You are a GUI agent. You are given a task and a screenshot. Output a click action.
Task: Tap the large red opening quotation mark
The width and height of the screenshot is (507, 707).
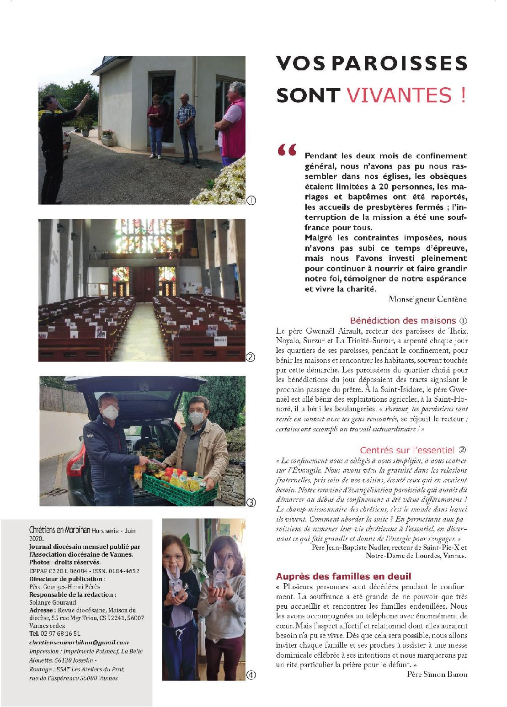[287, 150]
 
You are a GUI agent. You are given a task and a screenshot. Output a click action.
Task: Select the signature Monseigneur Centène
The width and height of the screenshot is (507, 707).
[427, 299]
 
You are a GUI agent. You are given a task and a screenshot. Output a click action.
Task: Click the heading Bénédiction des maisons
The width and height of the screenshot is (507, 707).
[403, 321]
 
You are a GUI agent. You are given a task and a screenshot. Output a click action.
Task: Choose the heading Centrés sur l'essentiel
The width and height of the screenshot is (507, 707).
[407, 450]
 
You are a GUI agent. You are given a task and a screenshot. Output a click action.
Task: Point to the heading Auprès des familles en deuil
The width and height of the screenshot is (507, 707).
[343, 576]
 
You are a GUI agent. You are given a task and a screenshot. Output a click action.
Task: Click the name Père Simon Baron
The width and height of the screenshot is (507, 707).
[437, 674]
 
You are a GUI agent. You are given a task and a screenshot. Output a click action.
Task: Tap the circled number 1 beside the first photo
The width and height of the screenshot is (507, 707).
[251, 200]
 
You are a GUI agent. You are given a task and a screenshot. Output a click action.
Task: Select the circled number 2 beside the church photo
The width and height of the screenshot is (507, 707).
[251, 357]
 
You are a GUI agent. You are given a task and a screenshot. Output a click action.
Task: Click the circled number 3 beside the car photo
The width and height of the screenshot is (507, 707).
[251, 502]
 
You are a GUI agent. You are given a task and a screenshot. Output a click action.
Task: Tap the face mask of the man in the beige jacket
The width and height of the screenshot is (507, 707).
[196, 418]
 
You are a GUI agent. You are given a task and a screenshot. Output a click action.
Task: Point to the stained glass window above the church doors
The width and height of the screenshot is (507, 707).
[144, 236]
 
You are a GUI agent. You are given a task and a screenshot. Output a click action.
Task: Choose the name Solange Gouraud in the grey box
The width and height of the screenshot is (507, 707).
[46, 602]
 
